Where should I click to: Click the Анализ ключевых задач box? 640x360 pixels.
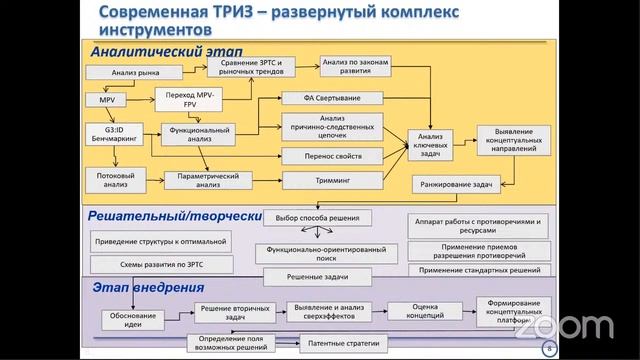pos(430,143)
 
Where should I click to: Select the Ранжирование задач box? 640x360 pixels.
pos(457,186)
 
